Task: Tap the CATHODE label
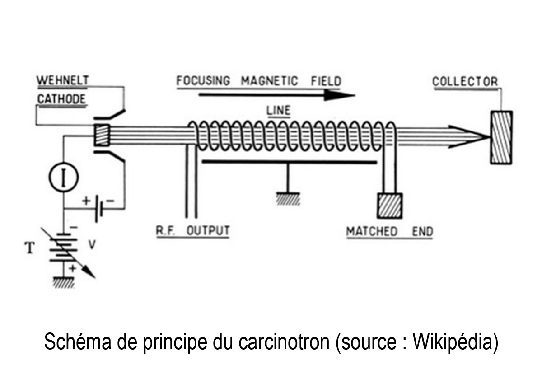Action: [61, 99]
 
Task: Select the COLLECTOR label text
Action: [465, 82]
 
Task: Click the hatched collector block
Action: [501, 137]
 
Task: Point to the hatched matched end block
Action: [389, 206]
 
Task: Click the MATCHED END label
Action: [389, 232]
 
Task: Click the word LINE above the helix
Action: [279, 110]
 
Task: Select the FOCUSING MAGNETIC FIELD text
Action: [259, 81]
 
